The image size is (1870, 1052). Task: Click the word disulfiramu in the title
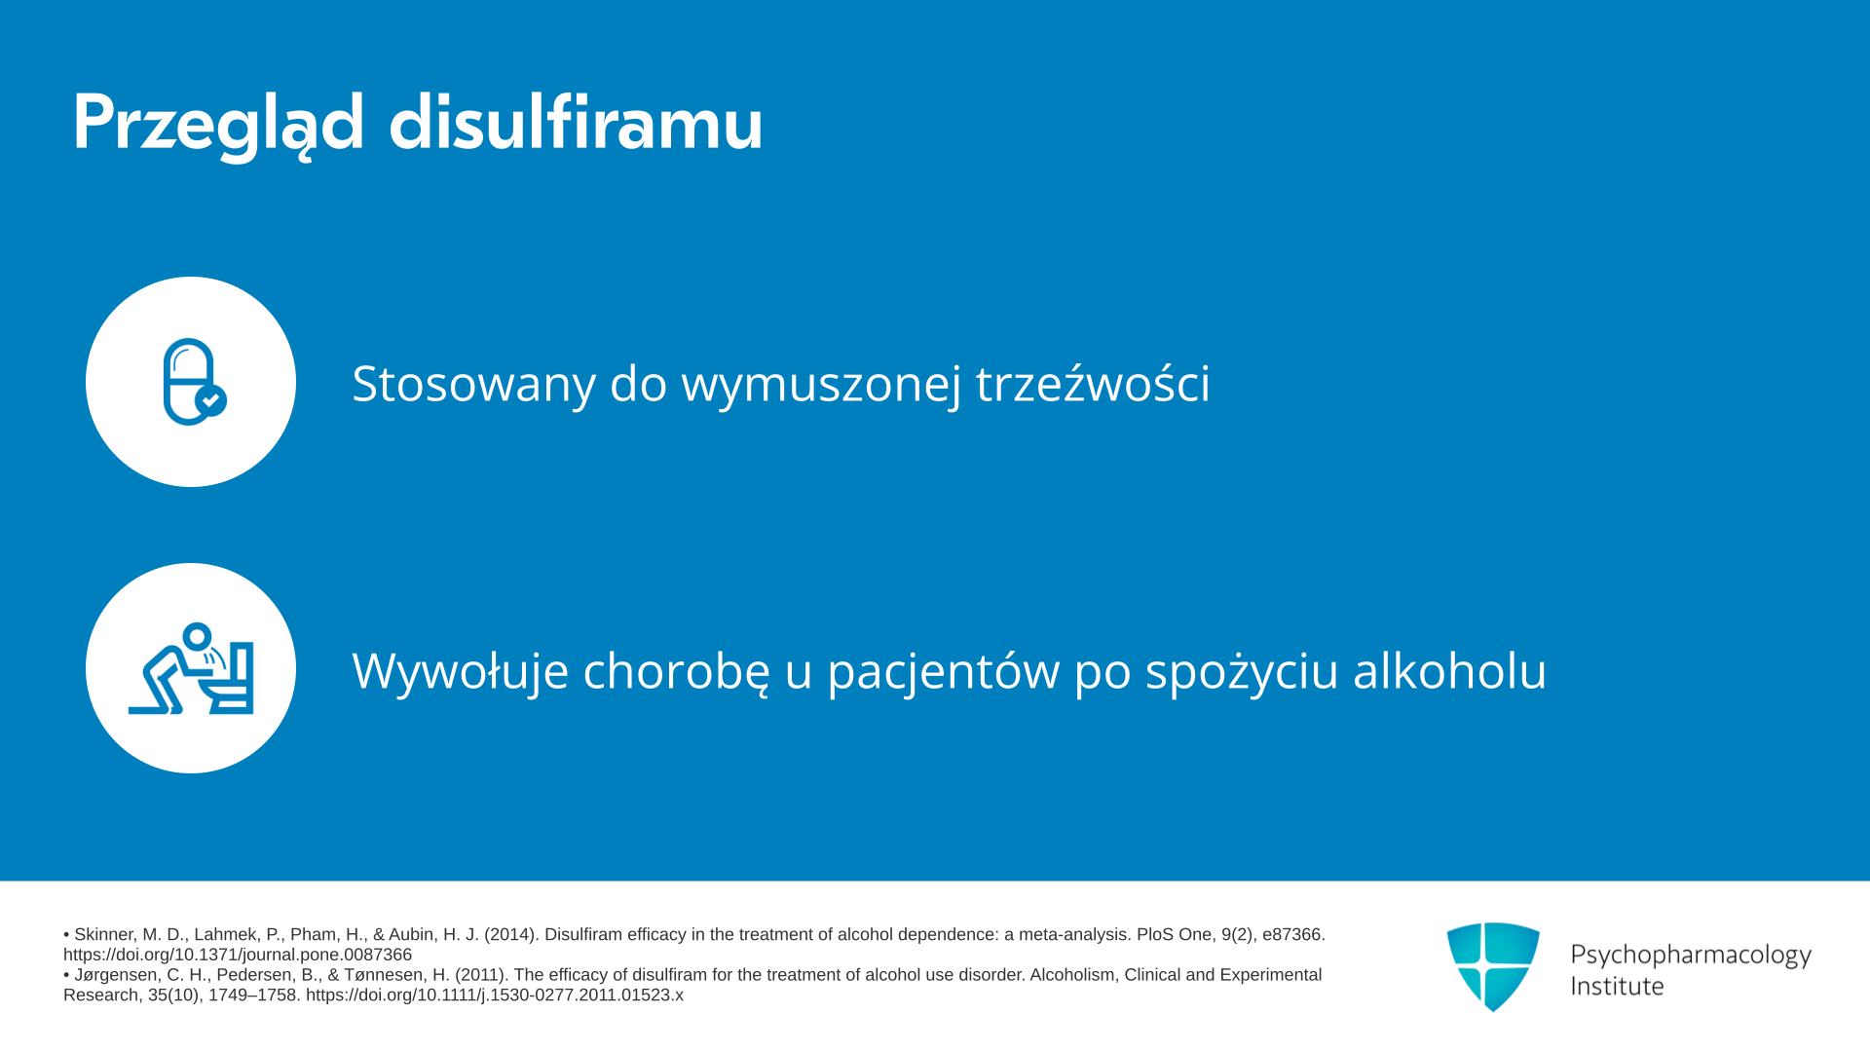576,121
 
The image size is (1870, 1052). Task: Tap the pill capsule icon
194,382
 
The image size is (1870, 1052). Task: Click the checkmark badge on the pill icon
210,400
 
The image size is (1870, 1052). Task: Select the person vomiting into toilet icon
191,668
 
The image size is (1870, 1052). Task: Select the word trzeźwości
1093,382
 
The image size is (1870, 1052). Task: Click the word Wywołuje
460,670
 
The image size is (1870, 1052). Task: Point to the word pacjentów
944,671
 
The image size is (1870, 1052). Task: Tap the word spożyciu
1242,671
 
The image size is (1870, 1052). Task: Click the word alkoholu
1449,669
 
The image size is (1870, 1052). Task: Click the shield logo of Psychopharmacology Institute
1493,966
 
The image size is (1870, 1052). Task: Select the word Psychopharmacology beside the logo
1691,955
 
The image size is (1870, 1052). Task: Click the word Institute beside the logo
1617,986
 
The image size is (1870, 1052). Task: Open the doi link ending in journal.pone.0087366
238,955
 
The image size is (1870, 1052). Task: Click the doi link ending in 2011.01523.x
495,995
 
